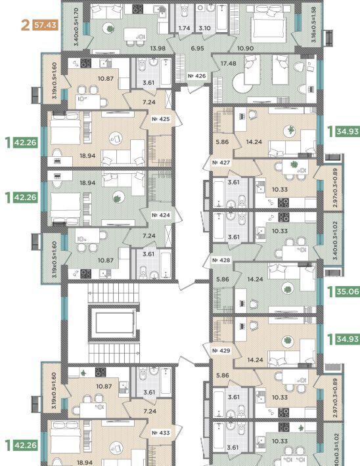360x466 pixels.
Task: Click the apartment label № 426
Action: click(x=196, y=76)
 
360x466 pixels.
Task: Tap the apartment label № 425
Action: click(x=161, y=119)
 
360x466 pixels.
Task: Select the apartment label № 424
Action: click(x=161, y=215)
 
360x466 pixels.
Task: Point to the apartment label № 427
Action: click(x=221, y=163)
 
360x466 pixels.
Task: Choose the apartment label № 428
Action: click(x=221, y=261)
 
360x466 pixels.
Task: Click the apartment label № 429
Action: click(x=221, y=350)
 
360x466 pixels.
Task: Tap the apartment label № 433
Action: click(x=161, y=433)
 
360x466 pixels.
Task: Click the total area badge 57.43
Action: click(x=45, y=25)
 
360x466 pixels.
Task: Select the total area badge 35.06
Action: click(x=348, y=291)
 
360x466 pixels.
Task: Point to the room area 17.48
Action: click(x=229, y=63)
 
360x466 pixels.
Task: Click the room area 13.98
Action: click(x=158, y=48)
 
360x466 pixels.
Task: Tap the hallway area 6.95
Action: click(x=198, y=48)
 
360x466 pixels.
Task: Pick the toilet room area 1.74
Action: click(x=184, y=28)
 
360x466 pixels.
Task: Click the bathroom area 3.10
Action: click(x=204, y=28)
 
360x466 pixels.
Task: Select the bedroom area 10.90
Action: click(x=245, y=48)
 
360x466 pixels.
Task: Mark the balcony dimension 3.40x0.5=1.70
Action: click(x=76, y=27)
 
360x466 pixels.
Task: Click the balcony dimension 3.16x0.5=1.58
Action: click(x=313, y=25)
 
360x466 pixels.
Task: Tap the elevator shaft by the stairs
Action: click(x=114, y=322)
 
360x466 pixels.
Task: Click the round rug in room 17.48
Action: click(x=242, y=83)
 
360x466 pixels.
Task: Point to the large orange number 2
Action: click(x=26, y=25)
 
